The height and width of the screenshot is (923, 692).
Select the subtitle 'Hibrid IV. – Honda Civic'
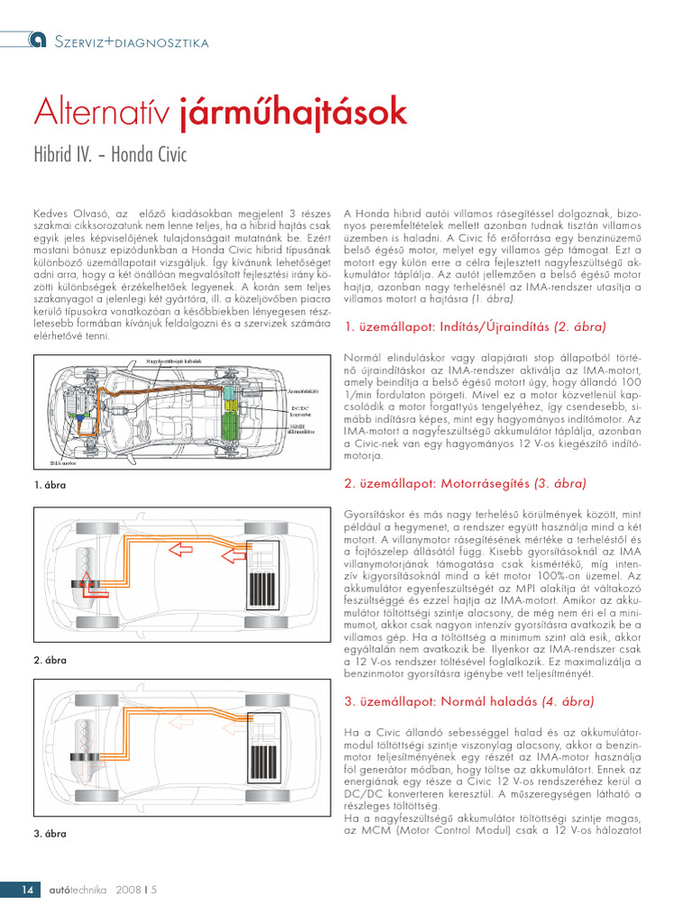click(110, 154)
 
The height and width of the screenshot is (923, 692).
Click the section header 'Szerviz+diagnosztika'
click(132, 41)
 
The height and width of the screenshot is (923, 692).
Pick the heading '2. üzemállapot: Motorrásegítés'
click(465, 483)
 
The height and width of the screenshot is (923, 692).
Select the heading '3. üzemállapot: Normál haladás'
click(468, 701)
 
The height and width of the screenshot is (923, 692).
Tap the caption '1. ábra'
click(50, 485)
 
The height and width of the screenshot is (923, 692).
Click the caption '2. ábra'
click(50, 660)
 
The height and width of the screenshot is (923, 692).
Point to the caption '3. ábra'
click(50, 834)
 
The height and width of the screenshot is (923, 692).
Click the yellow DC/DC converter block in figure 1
click(232, 407)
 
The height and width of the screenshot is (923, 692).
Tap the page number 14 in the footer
click(27, 890)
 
